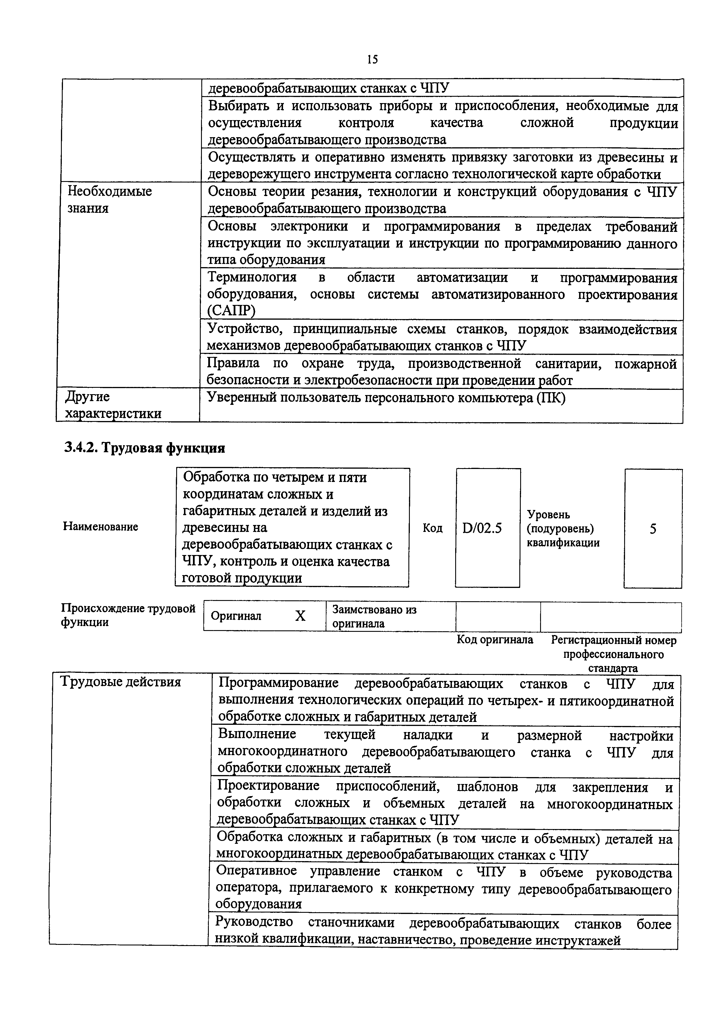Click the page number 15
pos(372,59)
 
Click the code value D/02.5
pos(482,528)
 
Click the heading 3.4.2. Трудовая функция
pos(145,448)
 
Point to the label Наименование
pos(100,526)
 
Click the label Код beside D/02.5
pos(432,528)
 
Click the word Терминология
pos(252,278)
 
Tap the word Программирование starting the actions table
pos(278,684)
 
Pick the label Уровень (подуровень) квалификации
pos(563,528)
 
